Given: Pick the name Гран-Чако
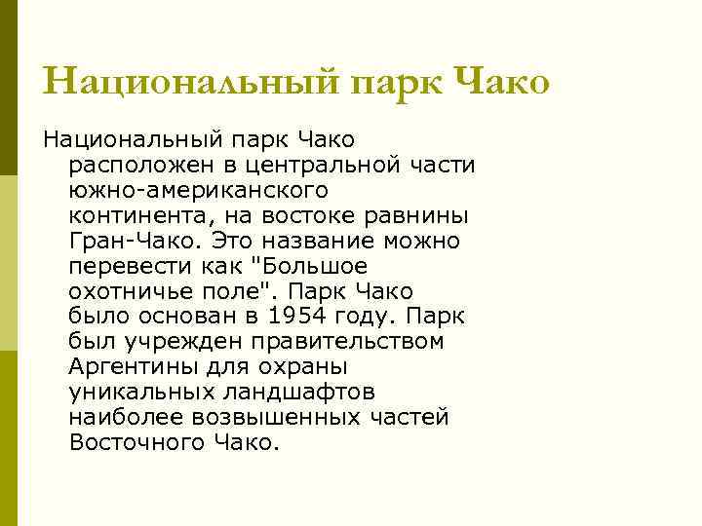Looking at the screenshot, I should pos(126,240).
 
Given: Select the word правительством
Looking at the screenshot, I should pos(345,341).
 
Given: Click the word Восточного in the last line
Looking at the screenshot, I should pos(136,442).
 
